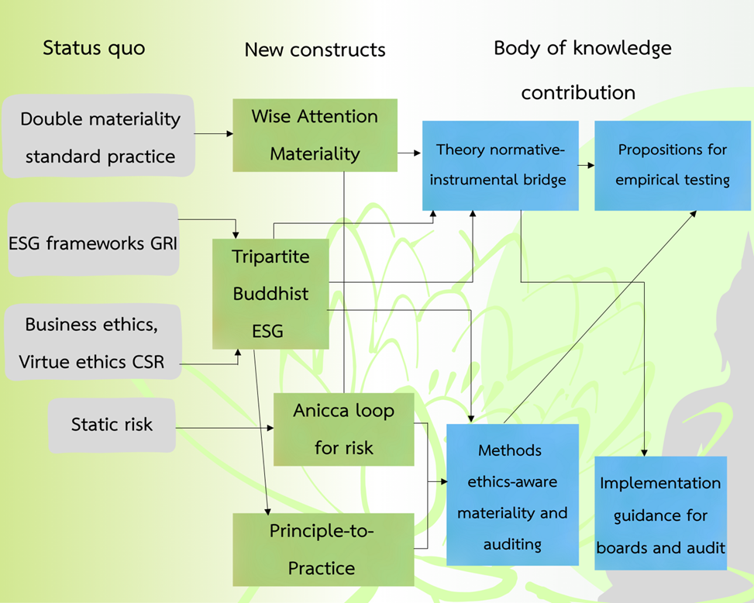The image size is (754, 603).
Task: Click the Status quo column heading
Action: pos(94,48)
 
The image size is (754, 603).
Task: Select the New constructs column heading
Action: pos(315,50)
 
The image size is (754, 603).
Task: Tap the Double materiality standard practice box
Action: pos(98,136)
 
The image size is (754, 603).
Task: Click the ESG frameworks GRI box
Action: pos(92,240)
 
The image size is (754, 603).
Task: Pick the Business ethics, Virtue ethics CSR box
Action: pos(91,342)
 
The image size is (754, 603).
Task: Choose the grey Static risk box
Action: pos(112,425)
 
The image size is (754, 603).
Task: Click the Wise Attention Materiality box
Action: pos(315,135)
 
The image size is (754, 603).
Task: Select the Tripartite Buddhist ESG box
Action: pos(270,294)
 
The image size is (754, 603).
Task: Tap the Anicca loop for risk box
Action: pos(343,429)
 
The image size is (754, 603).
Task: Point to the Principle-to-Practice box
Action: pos(321,549)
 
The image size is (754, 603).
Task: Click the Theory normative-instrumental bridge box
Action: pos(500,165)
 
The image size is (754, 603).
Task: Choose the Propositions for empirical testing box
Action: pos(672,165)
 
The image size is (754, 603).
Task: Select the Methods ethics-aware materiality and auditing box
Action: pos(512,496)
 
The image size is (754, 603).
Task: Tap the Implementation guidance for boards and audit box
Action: pos(660,514)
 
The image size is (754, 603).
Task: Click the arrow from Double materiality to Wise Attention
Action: pos(213,134)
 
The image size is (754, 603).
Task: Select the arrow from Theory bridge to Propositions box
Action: pos(587,165)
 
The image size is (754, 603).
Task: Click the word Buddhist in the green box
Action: pos(270,294)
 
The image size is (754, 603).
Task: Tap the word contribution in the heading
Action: pos(577,92)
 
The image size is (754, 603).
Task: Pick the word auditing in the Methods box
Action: pos(512,544)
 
